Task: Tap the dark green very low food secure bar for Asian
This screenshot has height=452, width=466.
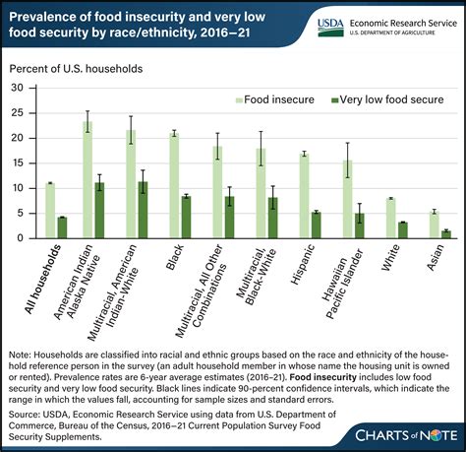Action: tap(445, 233)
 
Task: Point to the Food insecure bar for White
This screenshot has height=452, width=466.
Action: tap(390, 218)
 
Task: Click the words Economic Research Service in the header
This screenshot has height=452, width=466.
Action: tap(403, 18)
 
